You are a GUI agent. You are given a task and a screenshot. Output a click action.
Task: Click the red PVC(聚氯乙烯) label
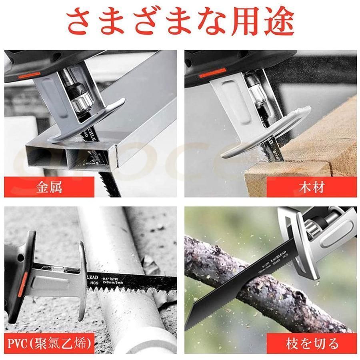pyautogui.click(x=50, y=343)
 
